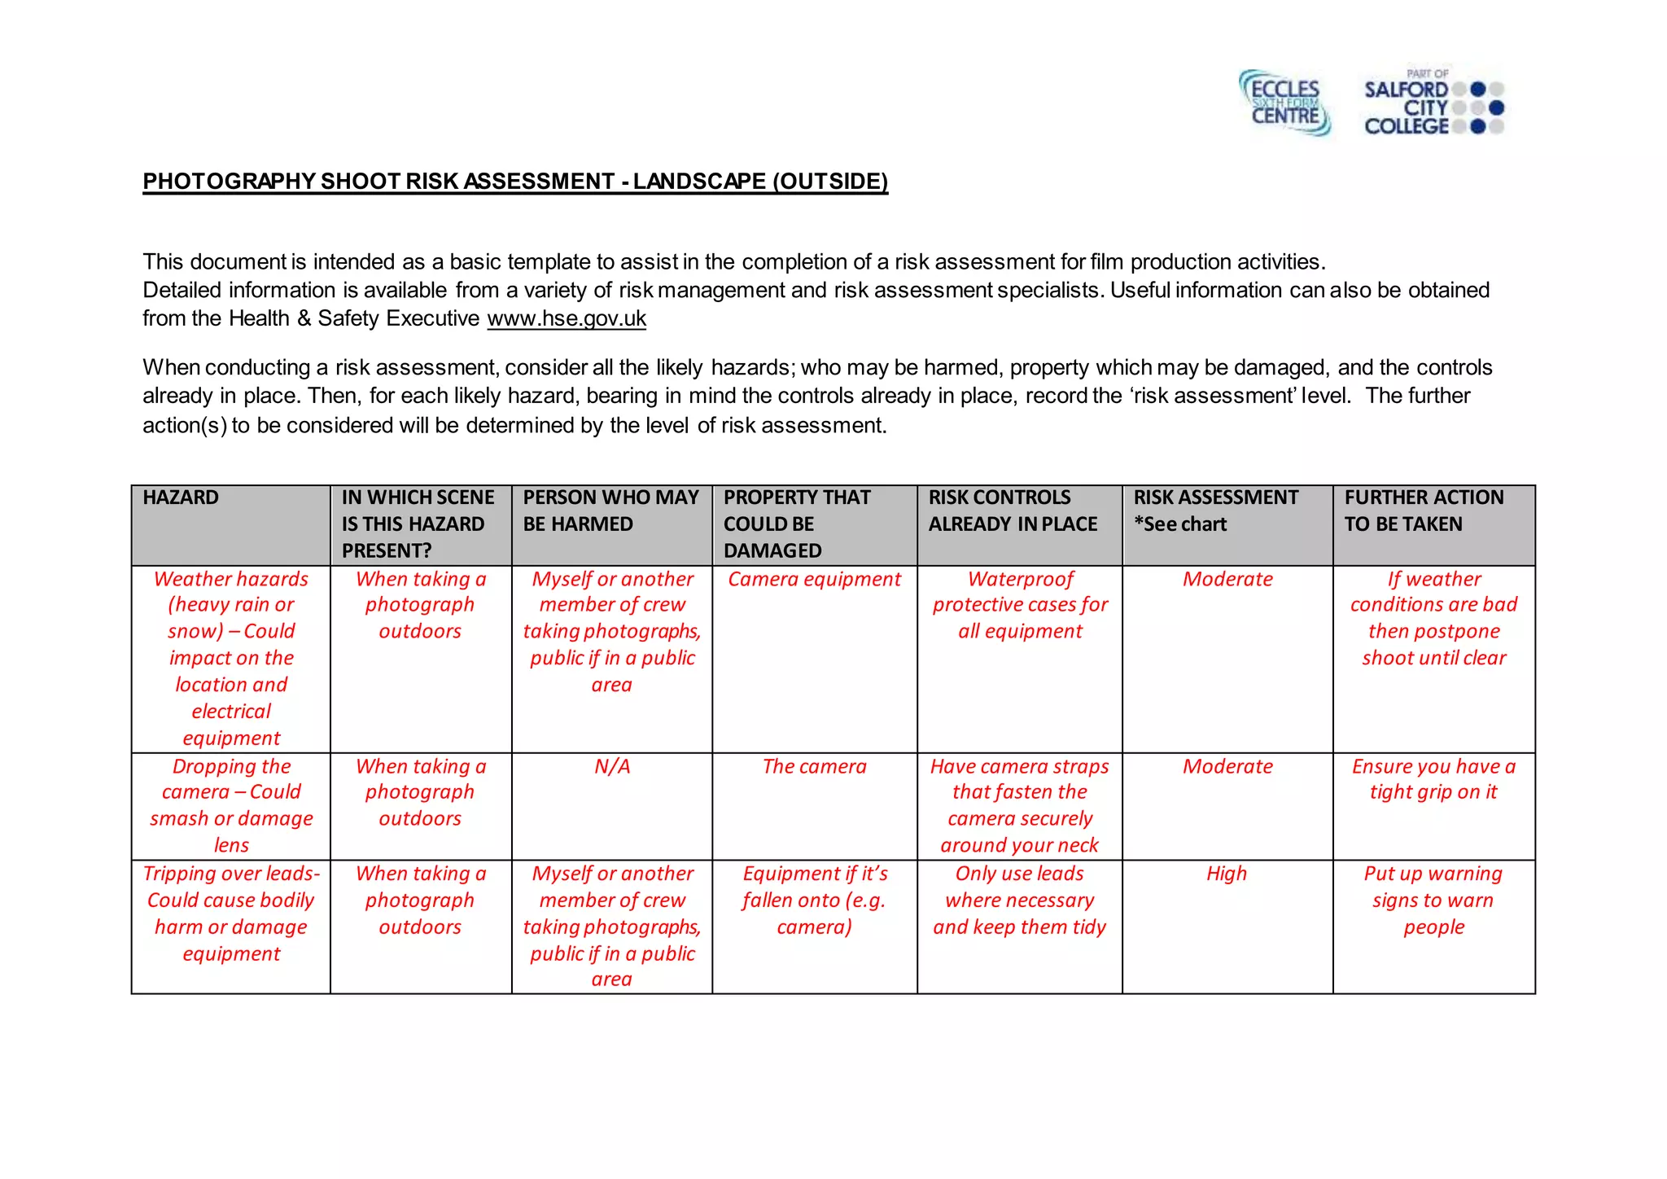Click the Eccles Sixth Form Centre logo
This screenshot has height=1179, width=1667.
point(1285,103)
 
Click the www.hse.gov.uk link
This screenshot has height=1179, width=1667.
point(567,318)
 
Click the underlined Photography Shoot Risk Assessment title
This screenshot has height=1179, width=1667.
point(515,181)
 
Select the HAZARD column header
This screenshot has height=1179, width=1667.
point(181,497)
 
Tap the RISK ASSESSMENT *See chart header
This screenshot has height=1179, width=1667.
point(1216,511)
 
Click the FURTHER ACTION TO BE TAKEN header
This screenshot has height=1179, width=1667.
point(1424,511)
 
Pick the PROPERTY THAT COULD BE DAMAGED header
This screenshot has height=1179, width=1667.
point(797,524)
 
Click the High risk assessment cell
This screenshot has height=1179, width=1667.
point(1227,874)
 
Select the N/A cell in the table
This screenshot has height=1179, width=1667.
point(612,766)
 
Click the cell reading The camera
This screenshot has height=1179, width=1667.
point(814,766)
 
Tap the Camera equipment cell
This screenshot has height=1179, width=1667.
point(814,579)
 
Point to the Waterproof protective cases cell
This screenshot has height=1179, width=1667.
point(1020,605)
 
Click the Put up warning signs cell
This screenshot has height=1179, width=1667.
point(1433,900)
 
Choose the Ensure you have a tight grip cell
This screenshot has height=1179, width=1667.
point(1433,779)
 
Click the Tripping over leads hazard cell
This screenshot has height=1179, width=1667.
point(231,913)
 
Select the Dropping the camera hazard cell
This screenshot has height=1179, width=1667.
point(231,805)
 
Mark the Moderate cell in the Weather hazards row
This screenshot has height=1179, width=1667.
point(1227,579)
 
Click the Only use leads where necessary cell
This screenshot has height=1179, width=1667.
point(1020,900)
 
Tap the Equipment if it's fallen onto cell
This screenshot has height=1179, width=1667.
point(814,900)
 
